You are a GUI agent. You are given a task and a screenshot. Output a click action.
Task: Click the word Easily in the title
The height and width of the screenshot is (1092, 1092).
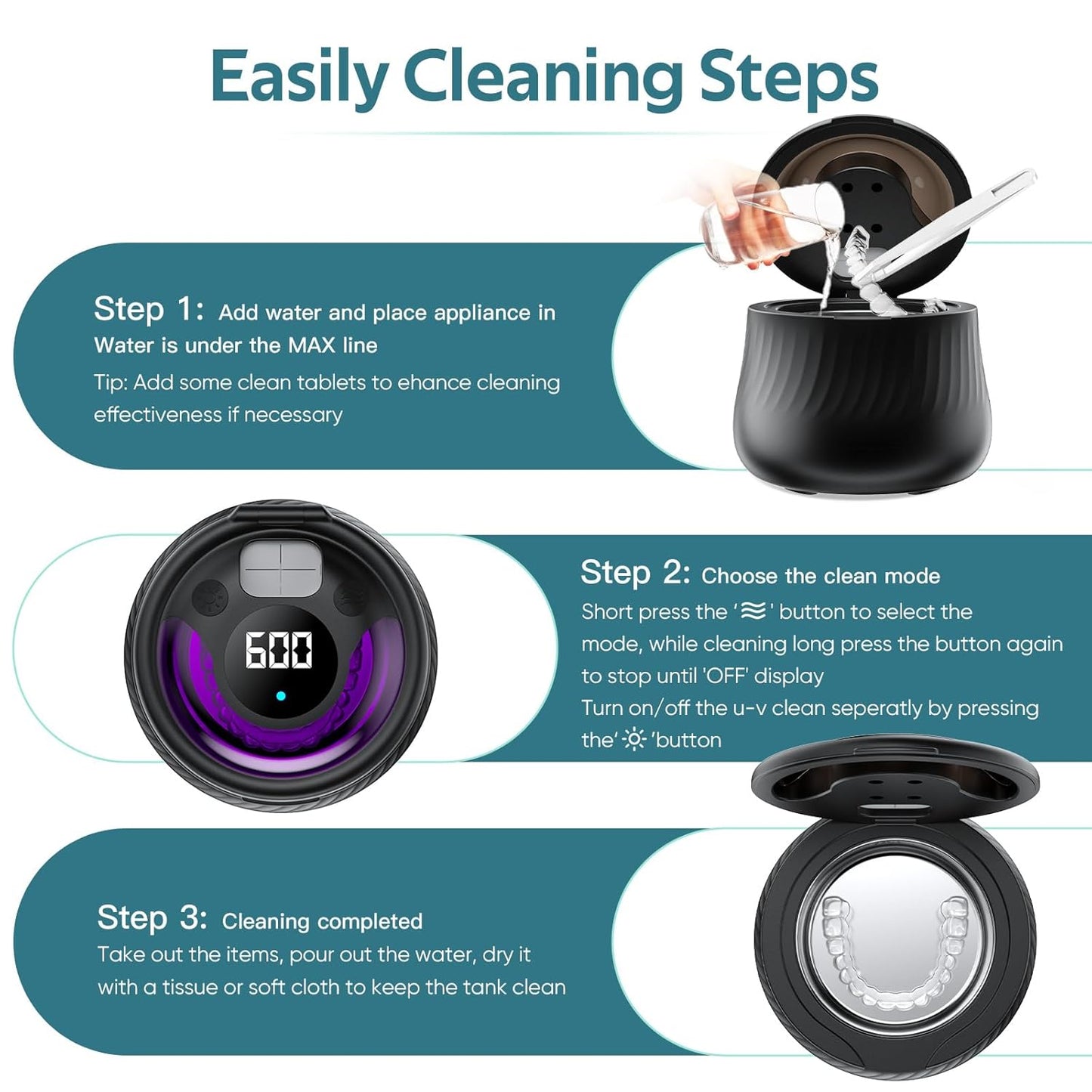tap(299, 77)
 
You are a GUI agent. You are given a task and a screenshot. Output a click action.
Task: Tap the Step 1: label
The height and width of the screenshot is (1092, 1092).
tap(148, 310)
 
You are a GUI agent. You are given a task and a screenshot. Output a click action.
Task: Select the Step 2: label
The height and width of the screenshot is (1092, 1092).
tap(635, 574)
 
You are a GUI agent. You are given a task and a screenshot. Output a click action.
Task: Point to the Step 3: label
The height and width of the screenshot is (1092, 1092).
tap(152, 918)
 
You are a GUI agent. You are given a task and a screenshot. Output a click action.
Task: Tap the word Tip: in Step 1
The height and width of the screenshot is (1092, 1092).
tap(110, 382)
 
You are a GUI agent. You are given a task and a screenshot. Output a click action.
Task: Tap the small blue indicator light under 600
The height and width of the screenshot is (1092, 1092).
tap(280, 695)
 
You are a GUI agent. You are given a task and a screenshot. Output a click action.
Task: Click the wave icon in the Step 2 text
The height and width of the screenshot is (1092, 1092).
tap(753, 611)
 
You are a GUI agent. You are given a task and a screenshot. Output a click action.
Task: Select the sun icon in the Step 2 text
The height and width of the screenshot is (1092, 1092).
tap(633, 739)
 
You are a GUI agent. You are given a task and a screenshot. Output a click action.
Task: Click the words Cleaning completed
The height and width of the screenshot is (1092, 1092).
tap(322, 921)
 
